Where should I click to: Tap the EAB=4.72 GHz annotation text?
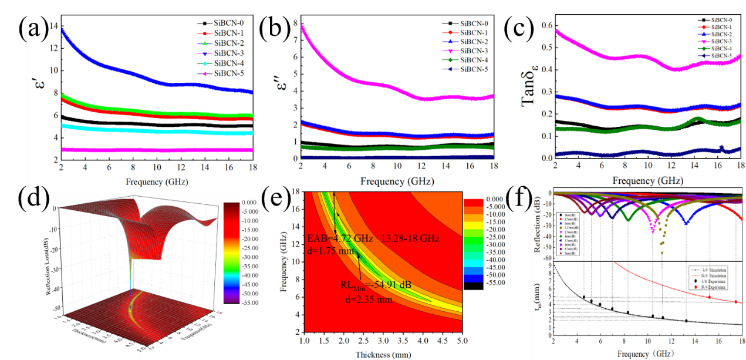click(x=337, y=238)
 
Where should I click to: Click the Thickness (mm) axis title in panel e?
click(x=380, y=354)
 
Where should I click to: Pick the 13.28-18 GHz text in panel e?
click(x=410, y=238)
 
